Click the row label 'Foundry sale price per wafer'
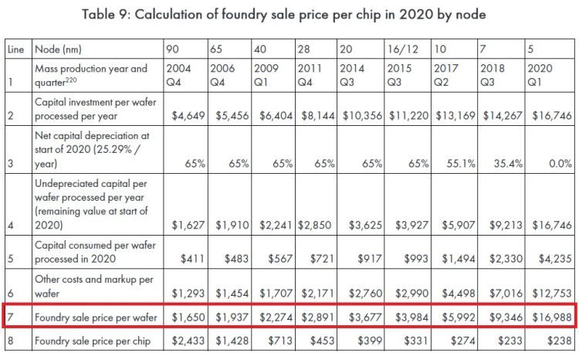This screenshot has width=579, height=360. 92,317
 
